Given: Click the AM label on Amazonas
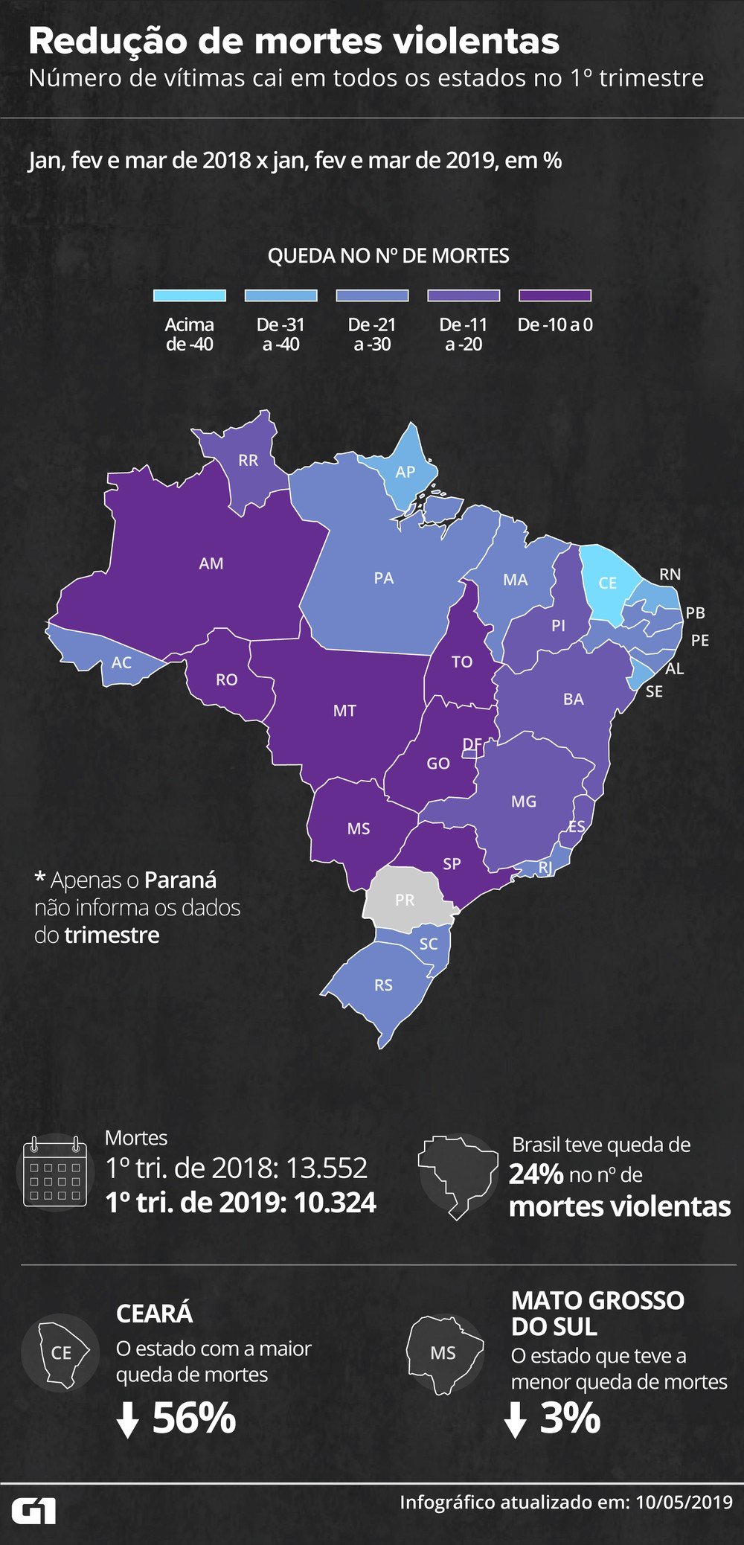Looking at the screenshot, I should coord(211,563).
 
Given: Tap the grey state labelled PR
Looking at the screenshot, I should coord(405,900).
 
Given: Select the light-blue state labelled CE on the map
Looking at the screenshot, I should coord(608,583).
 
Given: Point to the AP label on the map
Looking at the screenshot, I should coord(405,472).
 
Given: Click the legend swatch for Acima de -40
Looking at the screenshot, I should coord(189,295).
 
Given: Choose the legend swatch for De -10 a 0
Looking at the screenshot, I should coord(555,295).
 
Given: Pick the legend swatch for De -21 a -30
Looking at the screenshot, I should coord(372,295).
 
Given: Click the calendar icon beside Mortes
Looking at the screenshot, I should coord(56,1171).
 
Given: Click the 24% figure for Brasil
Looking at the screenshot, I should coord(536,1174).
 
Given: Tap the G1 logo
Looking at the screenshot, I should coord(34,1512).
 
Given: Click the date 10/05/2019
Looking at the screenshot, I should coord(684,1503).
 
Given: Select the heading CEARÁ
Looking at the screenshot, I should coord(154,1314).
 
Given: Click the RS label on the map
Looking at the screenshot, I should coord(383,985).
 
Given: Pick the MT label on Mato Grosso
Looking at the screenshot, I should coord(344,711).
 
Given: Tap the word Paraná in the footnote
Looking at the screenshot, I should coord(180,880).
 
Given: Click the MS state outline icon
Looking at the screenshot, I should coord(443,1353).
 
